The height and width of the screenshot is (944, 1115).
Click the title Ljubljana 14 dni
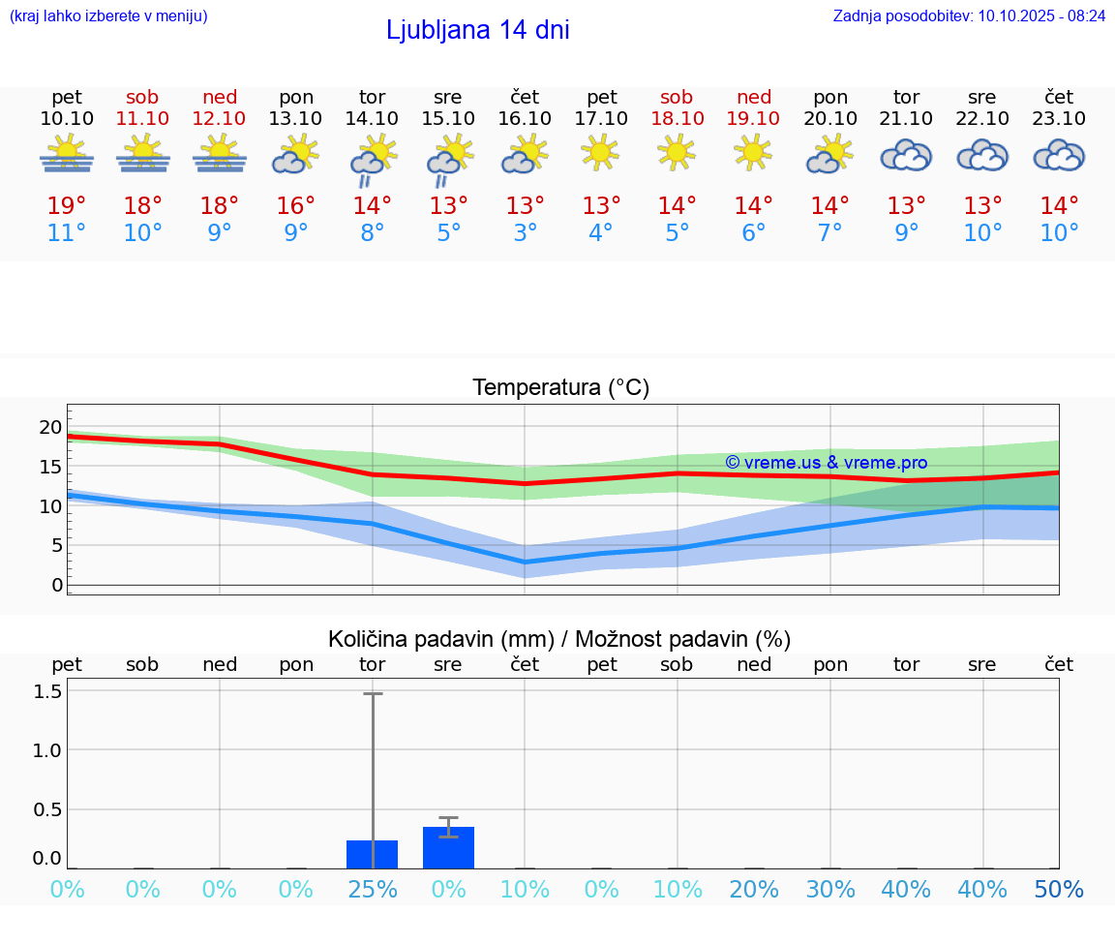(477, 30)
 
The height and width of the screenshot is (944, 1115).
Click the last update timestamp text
(969, 15)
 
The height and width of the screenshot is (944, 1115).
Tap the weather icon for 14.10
(373, 161)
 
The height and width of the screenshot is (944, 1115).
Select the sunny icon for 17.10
(601, 152)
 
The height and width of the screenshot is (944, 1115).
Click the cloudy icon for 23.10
(1059, 155)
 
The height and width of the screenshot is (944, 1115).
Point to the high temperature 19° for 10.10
(67, 206)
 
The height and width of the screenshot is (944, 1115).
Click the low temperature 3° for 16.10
(525, 233)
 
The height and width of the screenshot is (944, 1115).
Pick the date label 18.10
(677, 118)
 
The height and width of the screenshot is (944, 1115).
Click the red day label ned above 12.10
(220, 97)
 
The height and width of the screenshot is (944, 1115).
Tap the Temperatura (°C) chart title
(560, 387)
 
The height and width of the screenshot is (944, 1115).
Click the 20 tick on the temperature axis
(50, 427)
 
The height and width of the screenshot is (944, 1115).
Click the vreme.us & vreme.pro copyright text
(827, 463)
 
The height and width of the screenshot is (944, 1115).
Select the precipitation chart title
(559, 639)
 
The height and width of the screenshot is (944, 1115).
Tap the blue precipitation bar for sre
(448, 848)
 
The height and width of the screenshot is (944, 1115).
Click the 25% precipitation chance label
(373, 889)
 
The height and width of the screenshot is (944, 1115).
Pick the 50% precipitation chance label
(1059, 889)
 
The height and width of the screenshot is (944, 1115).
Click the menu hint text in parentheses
(108, 15)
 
